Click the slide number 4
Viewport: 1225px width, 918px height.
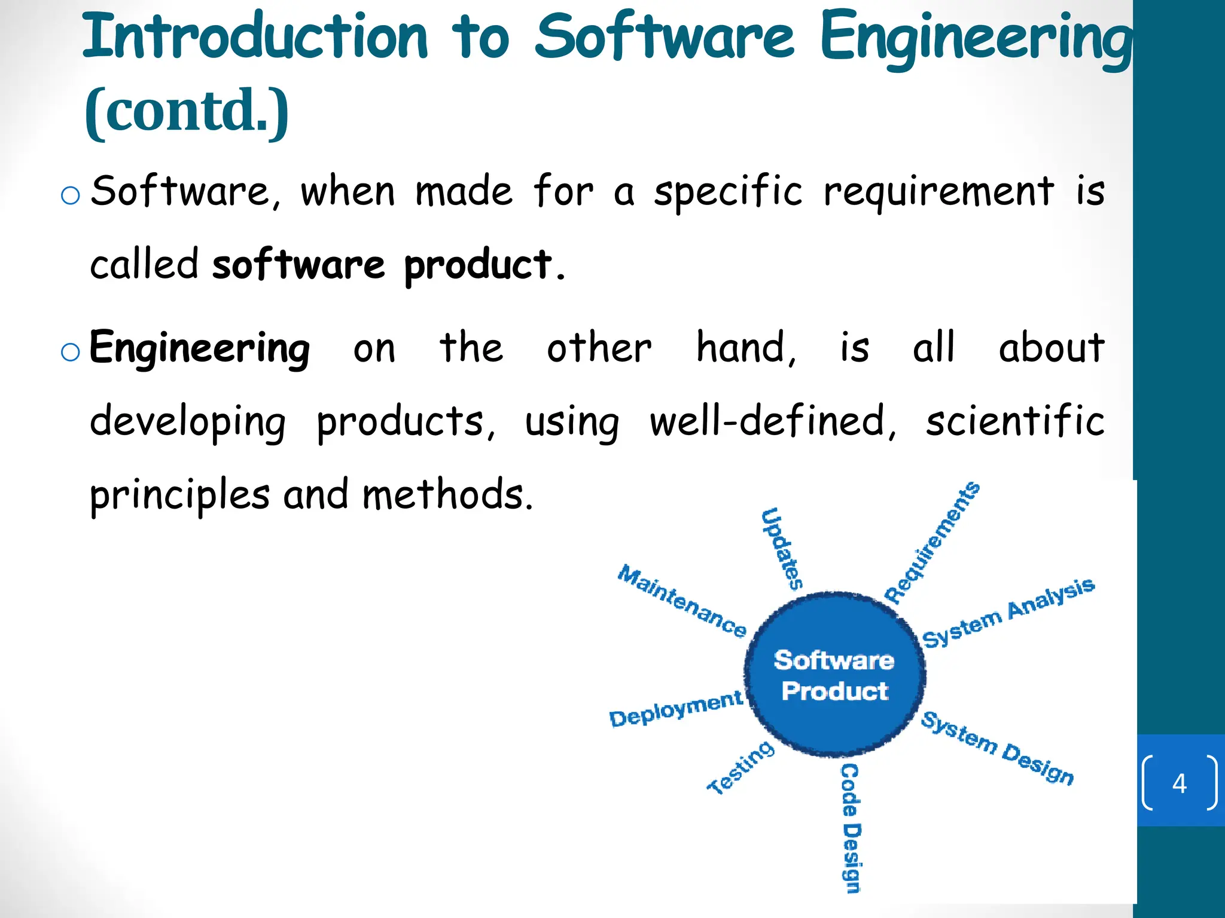[x=1179, y=783]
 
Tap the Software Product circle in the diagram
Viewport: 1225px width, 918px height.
[x=834, y=675]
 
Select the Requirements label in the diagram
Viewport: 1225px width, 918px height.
[x=932, y=543]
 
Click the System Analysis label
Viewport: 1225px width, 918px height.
[x=1008, y=612]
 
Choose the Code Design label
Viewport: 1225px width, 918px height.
[x=851, y=828]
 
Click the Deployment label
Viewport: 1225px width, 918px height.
[x=676, y=709]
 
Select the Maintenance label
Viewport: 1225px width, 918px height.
[x=682, y=600]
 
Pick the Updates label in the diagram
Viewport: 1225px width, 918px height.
[x=782, y=549]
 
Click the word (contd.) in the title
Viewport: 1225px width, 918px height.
[x=187, y=111]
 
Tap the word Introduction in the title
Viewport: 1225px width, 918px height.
[x=255, y=37]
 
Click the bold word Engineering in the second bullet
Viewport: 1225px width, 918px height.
[x=200, y=348]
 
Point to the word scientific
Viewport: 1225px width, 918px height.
[x=1014, y=421]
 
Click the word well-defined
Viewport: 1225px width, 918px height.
[x=772, y=421]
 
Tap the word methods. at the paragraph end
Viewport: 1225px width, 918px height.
[x=447, y=495]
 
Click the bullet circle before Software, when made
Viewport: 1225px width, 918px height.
[x=71, y=195]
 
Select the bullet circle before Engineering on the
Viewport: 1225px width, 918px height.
[x=71, y=352]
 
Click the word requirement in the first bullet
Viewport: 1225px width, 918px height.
[x=938, y=192]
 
